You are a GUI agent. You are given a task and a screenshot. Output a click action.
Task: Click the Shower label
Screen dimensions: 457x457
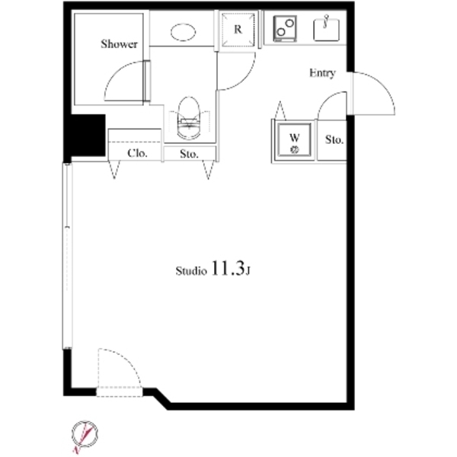pos(119,44)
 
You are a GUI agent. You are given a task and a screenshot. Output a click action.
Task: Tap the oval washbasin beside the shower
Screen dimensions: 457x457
pos(183,32)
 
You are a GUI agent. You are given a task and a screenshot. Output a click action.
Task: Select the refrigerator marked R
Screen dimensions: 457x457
pos(238,30)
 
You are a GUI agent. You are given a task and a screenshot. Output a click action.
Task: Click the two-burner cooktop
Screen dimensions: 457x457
pos(285,29)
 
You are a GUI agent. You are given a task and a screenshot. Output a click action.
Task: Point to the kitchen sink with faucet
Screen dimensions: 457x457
pos(327,30)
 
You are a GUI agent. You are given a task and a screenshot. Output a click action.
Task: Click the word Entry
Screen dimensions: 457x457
pos(322,73)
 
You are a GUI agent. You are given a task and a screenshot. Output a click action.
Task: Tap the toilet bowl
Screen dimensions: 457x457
pos(189,118)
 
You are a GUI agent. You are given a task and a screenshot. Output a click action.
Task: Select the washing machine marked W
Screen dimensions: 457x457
pos(294,140)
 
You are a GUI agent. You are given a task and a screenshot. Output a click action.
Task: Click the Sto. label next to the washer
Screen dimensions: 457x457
pos(334,140)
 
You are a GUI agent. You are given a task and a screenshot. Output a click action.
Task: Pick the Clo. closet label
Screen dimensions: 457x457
pos(137,153)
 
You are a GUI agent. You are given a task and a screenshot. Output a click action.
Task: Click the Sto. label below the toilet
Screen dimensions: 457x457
pos(189,154)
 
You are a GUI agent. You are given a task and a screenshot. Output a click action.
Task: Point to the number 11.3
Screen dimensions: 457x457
pos(227,268)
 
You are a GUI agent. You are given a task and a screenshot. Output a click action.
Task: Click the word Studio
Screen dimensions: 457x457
pos(191,270)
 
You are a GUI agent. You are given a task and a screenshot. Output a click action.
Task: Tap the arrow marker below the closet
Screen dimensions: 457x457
pos(114,170)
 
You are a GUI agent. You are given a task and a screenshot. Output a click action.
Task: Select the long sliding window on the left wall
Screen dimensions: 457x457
pos(67,256)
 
